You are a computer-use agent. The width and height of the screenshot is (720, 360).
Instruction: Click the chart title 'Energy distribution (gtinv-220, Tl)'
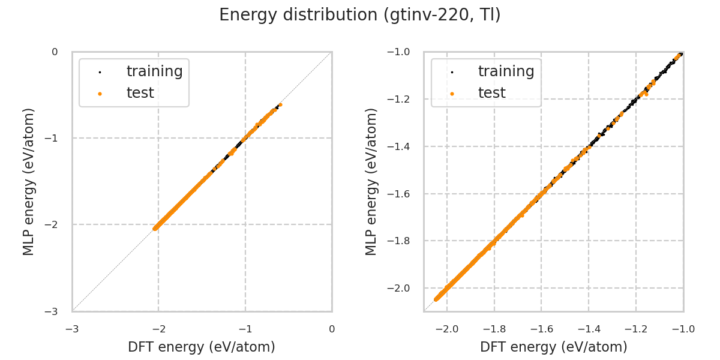click(360, 15)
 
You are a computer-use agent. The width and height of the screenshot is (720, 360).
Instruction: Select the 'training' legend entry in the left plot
click(154, 71)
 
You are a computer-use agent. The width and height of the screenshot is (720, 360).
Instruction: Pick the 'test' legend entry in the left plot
click(140, 93)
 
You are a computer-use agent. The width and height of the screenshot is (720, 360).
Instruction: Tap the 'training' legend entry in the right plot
click(506, 71)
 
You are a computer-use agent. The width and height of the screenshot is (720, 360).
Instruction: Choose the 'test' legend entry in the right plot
click(491, 93)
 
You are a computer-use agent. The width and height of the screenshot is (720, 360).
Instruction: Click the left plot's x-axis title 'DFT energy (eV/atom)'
click(202, 347)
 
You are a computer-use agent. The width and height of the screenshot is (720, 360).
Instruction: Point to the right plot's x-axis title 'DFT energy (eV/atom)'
click(554, 347)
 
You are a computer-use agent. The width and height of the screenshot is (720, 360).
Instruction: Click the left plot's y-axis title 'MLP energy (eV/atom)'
click(29, 181)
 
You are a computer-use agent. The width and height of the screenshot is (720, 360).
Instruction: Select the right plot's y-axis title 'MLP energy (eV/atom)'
click(372, 181)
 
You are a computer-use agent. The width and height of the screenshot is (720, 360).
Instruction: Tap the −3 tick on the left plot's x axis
click(72, 329)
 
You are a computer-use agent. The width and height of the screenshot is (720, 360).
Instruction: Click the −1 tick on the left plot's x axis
click(245, 329)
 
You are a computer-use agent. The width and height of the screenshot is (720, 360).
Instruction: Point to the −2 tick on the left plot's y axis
click(55, 224)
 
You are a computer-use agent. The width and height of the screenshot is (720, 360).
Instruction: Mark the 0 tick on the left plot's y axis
click(55, 52)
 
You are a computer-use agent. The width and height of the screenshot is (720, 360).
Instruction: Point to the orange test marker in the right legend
click(452, 94)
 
